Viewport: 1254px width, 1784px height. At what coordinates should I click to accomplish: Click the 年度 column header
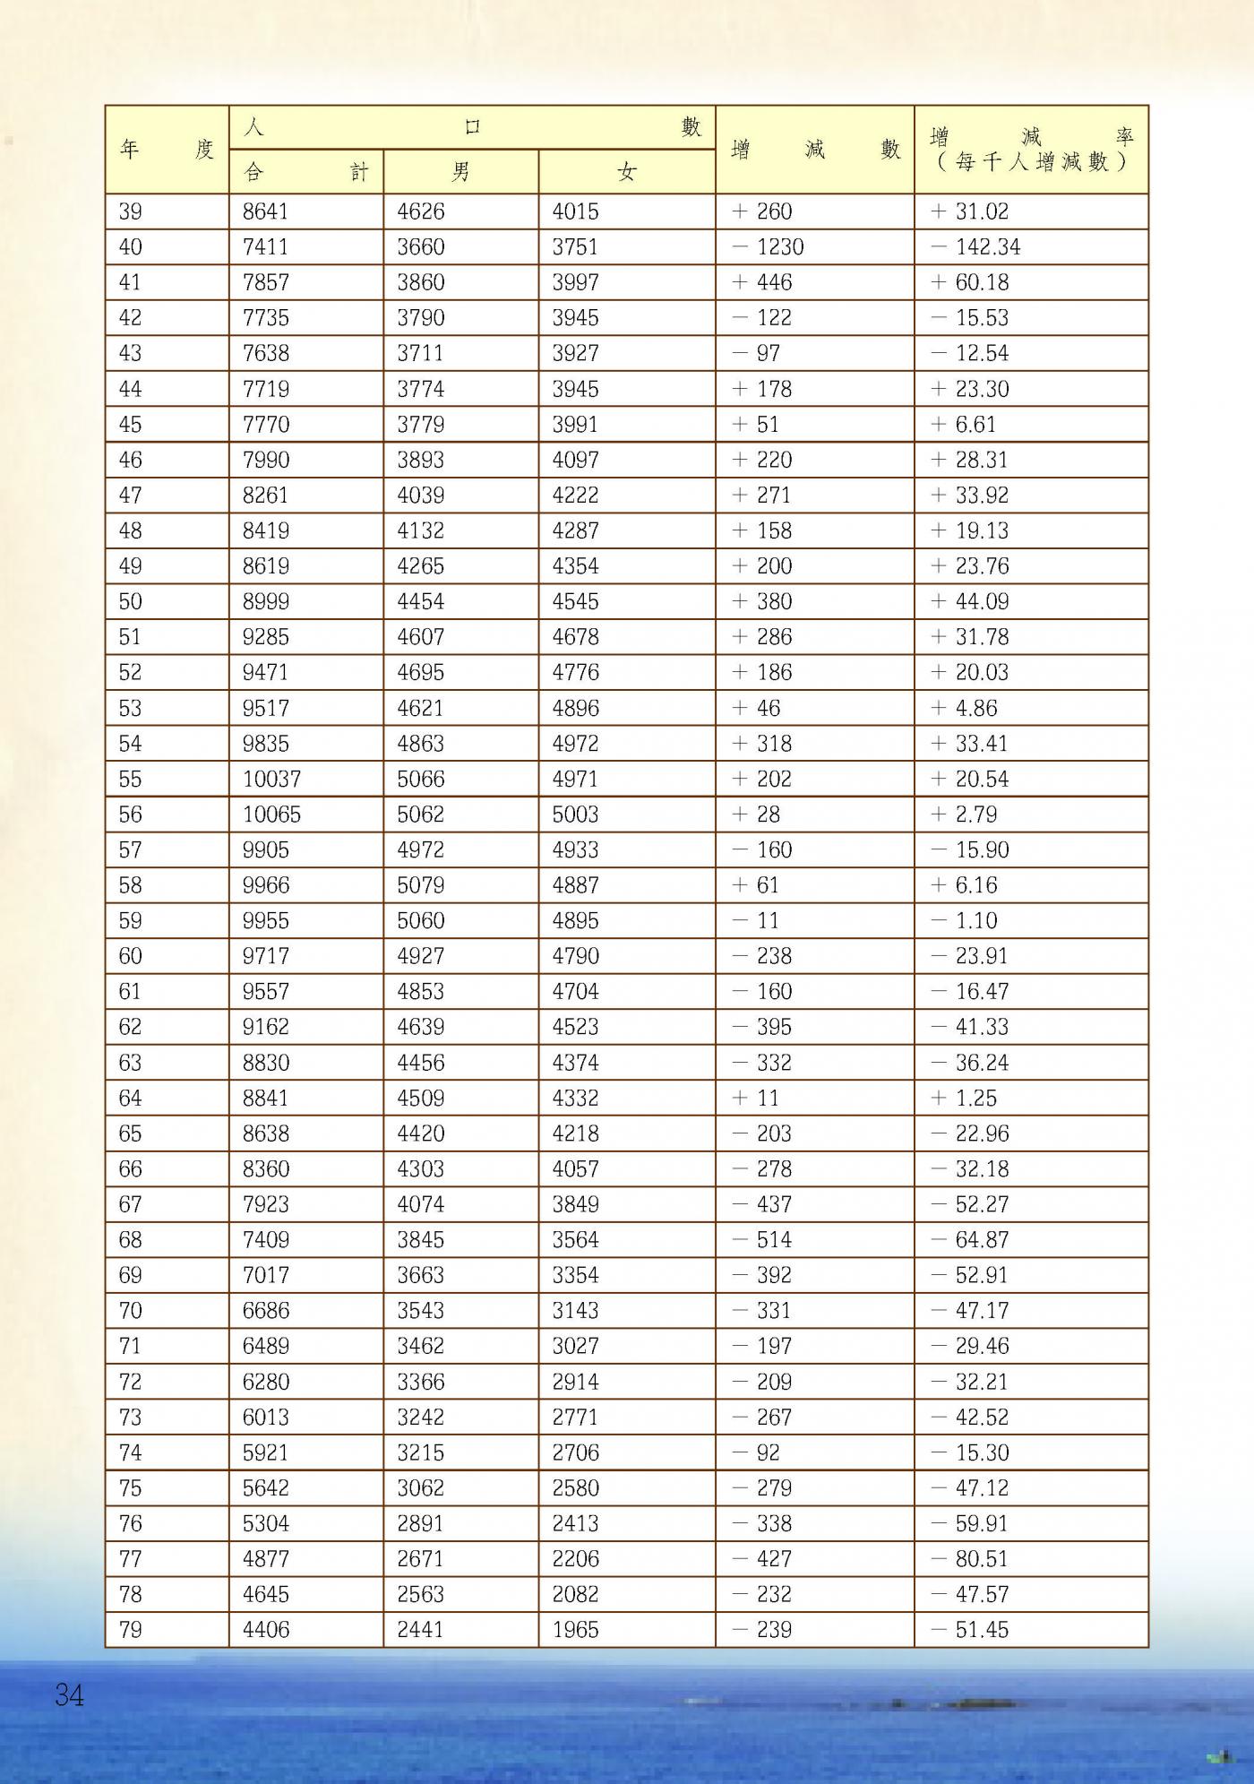(167, 150)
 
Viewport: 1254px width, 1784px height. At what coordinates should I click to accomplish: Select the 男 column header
(460, 172)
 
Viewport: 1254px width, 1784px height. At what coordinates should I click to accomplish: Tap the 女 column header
(626, 172)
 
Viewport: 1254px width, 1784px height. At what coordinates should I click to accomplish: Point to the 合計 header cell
(305, 172)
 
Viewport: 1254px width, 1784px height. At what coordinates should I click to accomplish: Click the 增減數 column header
(814, 150)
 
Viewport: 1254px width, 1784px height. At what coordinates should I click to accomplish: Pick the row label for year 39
(131, 212)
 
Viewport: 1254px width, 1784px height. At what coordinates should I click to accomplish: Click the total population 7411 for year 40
(265, 247)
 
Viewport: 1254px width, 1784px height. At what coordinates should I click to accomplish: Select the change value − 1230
(769, 247)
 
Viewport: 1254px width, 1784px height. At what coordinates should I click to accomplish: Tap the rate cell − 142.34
(975, 247)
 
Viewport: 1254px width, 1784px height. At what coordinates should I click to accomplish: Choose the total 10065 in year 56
(271, 814)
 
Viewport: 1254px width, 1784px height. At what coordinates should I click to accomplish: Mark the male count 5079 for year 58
(420, 885)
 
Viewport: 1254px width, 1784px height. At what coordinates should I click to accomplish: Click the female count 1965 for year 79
(575, 1630)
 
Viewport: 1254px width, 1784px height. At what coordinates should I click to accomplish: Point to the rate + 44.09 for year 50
(969, 602)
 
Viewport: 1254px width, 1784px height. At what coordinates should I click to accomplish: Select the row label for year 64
(131, 1099)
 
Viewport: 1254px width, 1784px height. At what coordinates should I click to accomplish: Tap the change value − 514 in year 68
(762, 1240)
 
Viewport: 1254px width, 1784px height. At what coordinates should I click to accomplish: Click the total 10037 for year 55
(271, 780)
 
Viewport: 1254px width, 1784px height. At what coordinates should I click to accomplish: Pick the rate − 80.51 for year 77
(969, 1559)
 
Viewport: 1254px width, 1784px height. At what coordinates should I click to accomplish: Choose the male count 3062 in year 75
(420, 1488)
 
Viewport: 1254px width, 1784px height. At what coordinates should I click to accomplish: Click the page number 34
(69, 1695)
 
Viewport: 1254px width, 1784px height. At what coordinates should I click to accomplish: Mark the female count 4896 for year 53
(575, 709)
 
